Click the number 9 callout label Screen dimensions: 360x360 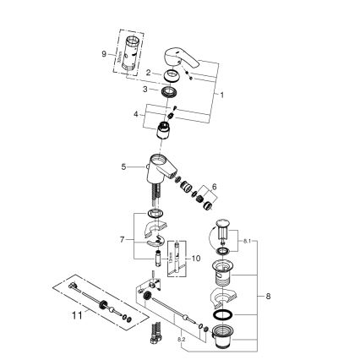[x=103, y=53]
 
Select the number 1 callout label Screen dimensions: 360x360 [x=222, y=94]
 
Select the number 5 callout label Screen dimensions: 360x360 [x=123, y=167]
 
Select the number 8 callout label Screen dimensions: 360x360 [x=269, y=297]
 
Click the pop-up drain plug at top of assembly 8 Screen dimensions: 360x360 [x=223, y=228]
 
